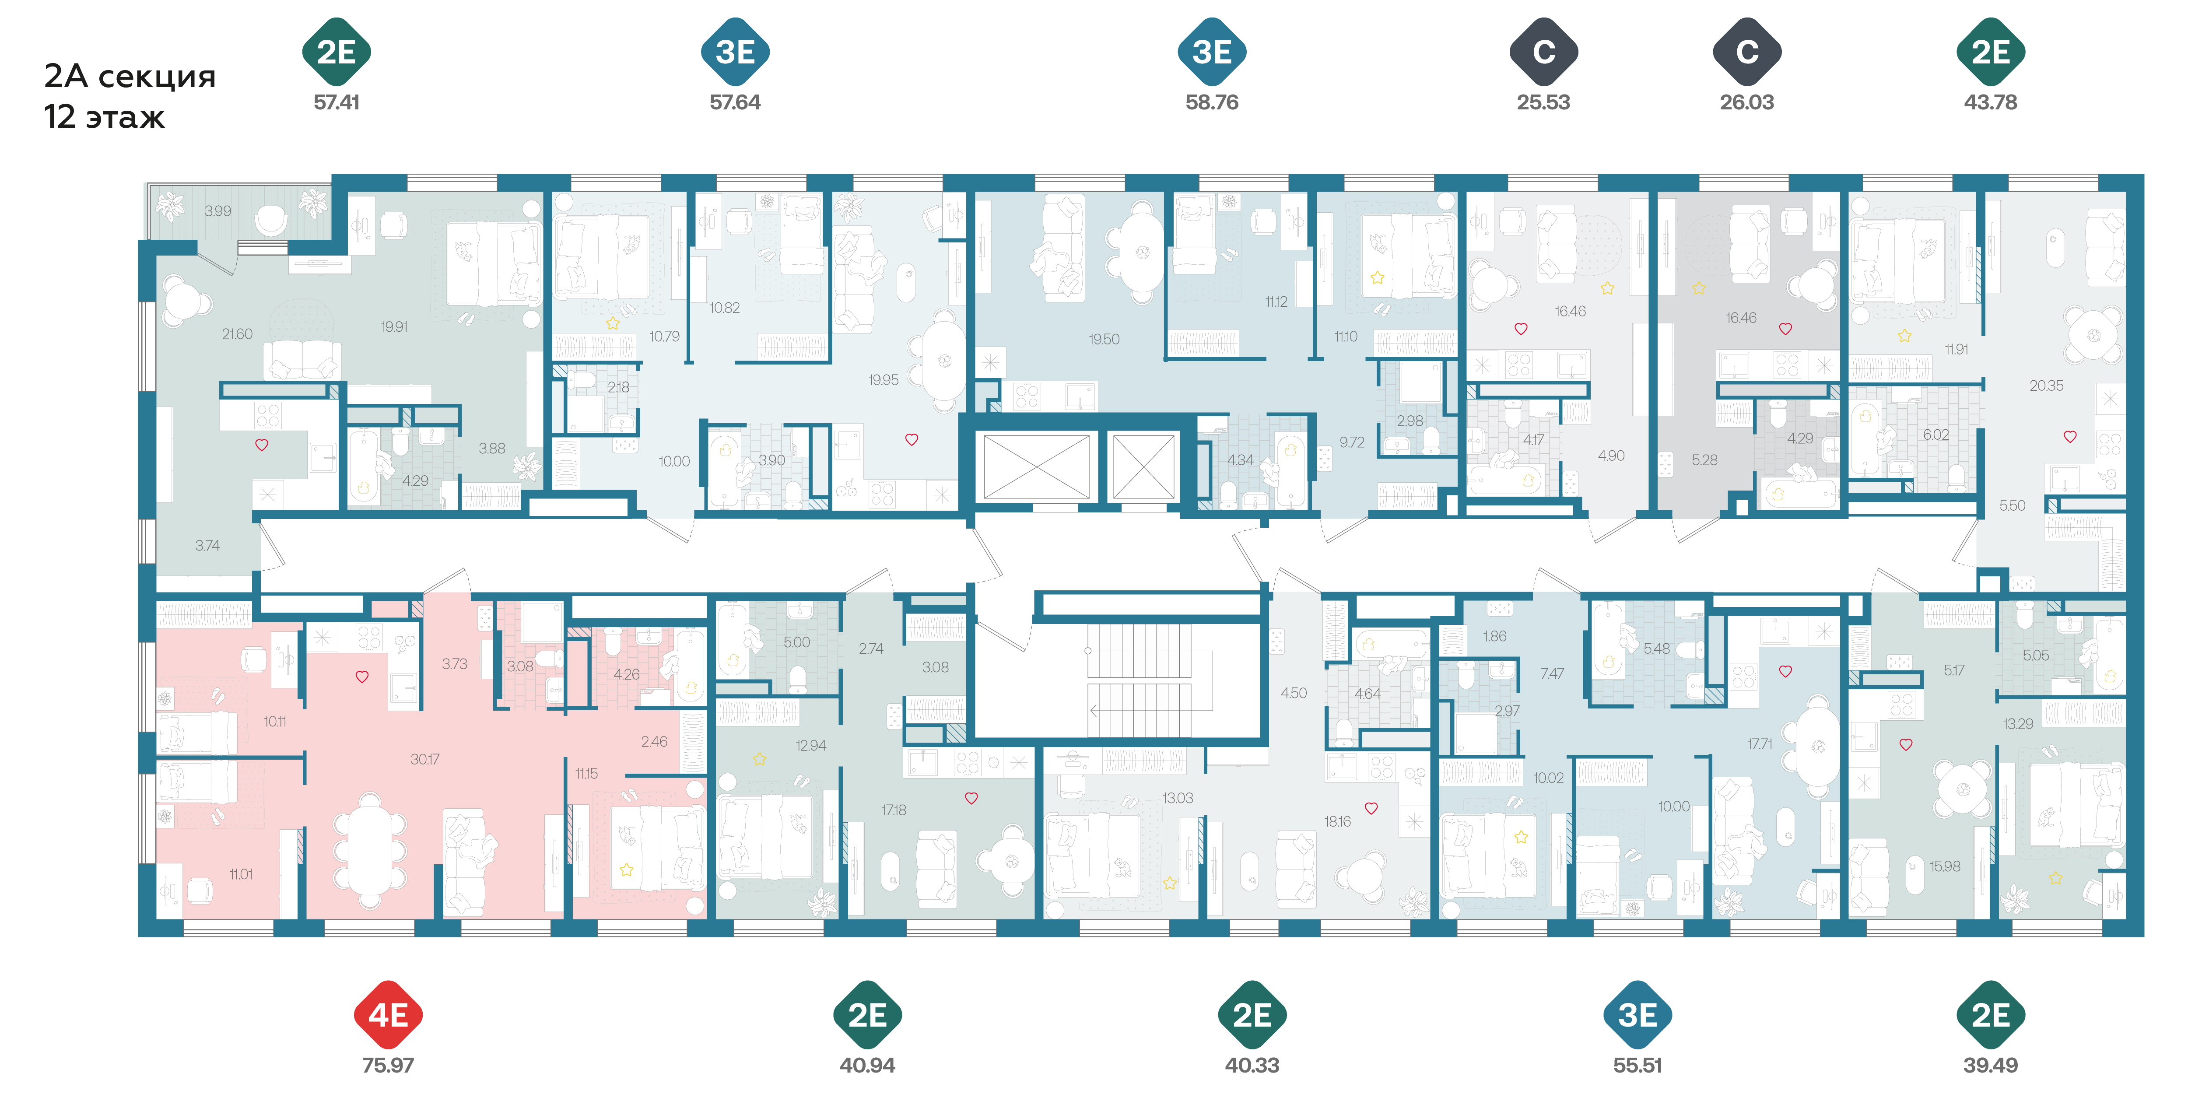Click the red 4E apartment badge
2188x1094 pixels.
388,1014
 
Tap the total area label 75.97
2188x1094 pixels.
388,1065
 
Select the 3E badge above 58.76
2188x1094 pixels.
1212,52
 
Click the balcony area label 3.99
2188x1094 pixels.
217,210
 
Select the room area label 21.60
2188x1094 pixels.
237,334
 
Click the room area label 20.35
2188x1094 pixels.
2046,386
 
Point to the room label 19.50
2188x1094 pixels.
1104,339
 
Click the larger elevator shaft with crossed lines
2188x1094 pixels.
1036,466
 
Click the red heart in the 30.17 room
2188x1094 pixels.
362,677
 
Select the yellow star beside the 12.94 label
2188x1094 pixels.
759,758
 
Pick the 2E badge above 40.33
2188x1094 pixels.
1252,1014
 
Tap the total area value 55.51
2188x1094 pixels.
1637,1065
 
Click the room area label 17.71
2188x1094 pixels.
1760,744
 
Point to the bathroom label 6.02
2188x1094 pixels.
1936,435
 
